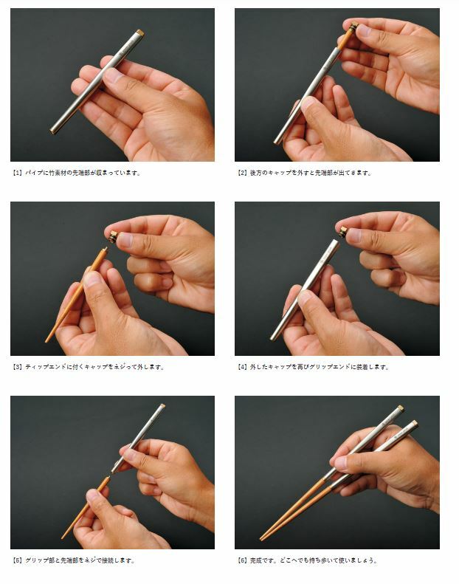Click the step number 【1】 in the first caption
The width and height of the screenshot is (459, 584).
pyautogui.click(x=18, y=173)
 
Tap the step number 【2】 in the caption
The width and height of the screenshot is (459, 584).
pyautogui.click(x=242, y=173)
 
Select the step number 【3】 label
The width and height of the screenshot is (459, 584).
pyautogui.click(x=18, y=367)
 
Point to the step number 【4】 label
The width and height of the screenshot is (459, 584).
pyautogui.click(x=242, y=367)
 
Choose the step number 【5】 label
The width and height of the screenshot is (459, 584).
pyautogui.click(x=18, y=560)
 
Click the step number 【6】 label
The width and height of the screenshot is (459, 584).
pyautogui.click(x=242, y=560)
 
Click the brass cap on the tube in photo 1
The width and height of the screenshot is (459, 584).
pyautogui.click(x=140, y=32)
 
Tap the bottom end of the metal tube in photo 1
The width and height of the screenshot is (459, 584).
pyautogui.click(x=53, y=131)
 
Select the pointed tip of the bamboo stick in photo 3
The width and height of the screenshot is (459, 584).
pyautogui.click(x=46, y=340)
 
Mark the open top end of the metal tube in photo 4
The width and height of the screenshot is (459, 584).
pyautogui.click(x=336, y=241)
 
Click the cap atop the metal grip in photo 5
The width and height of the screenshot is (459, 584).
pyautogui.click(x=162, y=405)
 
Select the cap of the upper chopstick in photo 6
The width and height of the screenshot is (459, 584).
pyautogui.click(x=400, y=408)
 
